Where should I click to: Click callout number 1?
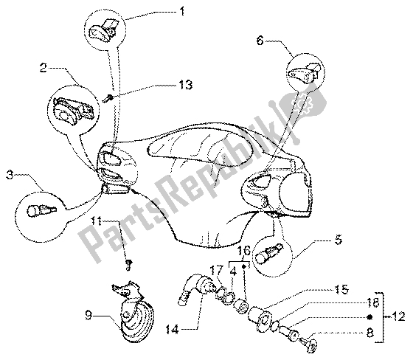tap(181, 12)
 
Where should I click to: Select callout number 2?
tap(44, 68)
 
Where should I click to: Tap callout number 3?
tap(10, 176)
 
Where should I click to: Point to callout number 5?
tap(339, 240)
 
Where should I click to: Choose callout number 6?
tap(260, 41)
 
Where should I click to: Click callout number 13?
tap(186, 85)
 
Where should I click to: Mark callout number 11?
tap(97, 221)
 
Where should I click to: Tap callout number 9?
tap(88, 316)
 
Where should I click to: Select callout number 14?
tap(173, 329)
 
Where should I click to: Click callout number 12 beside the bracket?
tap(398, 316)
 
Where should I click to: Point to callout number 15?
tap(341, 289)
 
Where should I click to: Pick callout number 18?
tap(372, 303)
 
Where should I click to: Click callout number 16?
tap(244, 251)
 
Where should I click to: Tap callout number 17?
tap(217, 271)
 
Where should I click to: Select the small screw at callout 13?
tap(108, 99)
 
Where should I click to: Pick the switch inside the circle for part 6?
tap(305, 72)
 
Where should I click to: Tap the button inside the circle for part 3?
tap(41, 210)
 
